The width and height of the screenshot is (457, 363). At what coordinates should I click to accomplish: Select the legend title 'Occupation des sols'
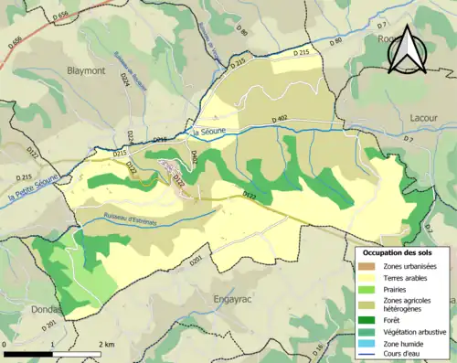coord(398,252)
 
